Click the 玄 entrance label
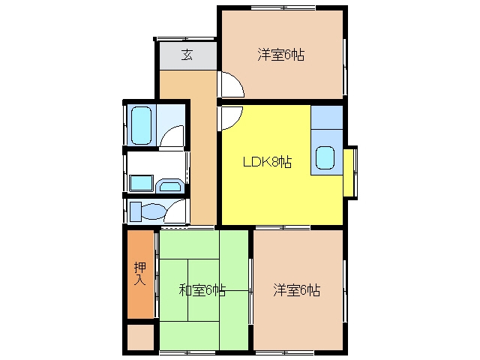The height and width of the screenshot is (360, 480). click(187, 55)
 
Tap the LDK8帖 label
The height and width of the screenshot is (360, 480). click(267, 162)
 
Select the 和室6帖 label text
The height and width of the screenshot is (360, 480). click(202, 290)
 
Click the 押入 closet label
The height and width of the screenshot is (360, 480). click(140, 273)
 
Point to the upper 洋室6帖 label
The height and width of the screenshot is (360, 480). click(280, 55)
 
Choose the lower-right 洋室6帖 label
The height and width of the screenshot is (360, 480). click(297, 290)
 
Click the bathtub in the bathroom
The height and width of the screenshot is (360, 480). click(141, 125)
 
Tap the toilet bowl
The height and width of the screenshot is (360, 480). click(153, 211)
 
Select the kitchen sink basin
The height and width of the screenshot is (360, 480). click(325, 157)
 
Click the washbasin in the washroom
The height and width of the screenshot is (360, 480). click(170, 185)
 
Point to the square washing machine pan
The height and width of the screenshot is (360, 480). click(141, 183)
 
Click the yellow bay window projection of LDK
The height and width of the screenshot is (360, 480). click(348, 172)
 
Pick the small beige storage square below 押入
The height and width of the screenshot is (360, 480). click(140, 337)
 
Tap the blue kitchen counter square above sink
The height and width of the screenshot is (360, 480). click(327, 117)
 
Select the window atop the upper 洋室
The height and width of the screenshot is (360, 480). click(283, 7)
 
